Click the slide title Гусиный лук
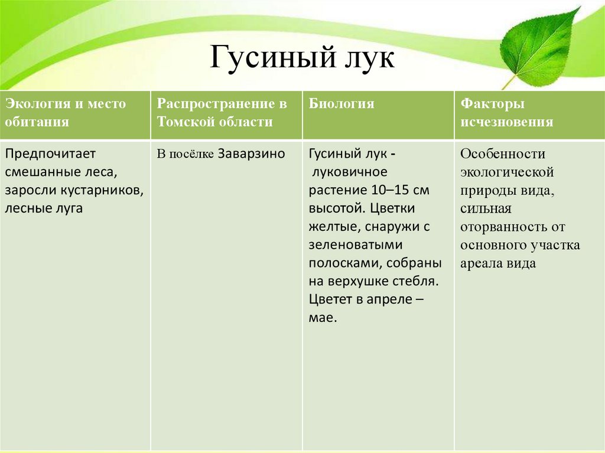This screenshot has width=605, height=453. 302,59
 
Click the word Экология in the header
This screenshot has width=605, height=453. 37,104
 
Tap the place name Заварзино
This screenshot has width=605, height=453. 252,154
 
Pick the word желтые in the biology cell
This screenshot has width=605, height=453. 334,227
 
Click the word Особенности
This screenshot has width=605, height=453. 503,154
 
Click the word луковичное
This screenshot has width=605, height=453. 349,172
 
